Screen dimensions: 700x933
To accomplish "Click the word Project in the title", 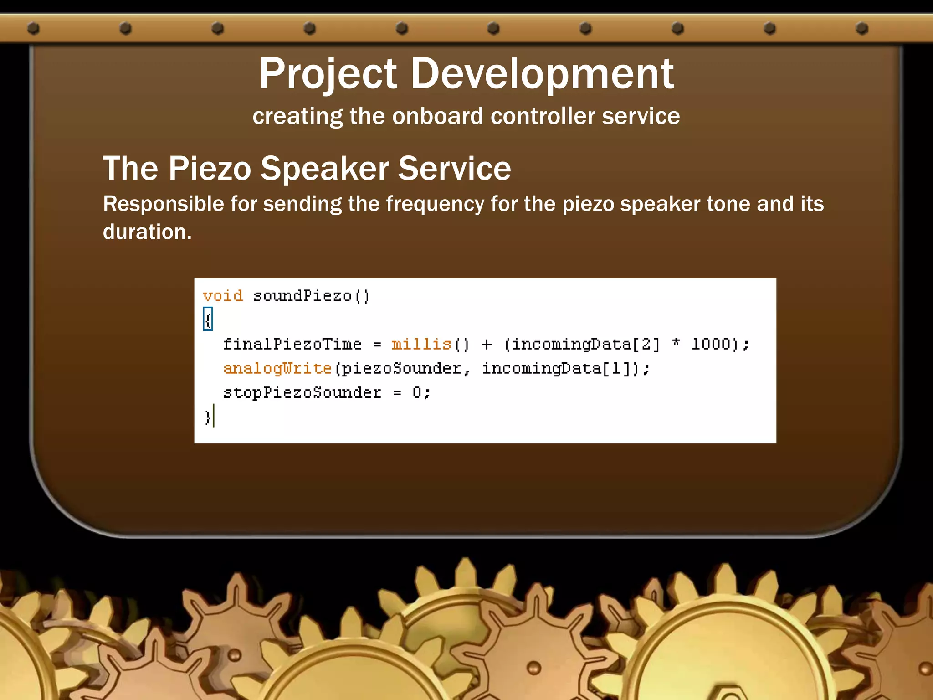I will click(328, 74).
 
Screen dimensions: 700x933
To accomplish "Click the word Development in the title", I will click(542, 74).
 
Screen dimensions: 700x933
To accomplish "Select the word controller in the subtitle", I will click(542, 116).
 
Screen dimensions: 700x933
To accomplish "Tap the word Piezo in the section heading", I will click(210, 169).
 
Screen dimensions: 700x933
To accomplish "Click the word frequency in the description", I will click(435, 204).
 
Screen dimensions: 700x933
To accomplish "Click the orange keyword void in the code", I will click(223, 296).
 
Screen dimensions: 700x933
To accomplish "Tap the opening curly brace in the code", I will click(208, 319).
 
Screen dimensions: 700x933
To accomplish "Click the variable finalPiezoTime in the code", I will click(292, 344).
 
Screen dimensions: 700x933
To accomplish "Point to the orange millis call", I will click(421, 344).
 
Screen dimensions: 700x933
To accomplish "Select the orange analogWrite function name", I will click(277, 368).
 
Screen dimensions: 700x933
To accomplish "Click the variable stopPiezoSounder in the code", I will click(302, 393).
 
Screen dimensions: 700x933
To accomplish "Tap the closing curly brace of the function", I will click(207, 417).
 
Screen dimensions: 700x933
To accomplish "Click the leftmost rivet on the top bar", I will click(33, 29).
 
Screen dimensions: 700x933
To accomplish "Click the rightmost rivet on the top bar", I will click(861, 29).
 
